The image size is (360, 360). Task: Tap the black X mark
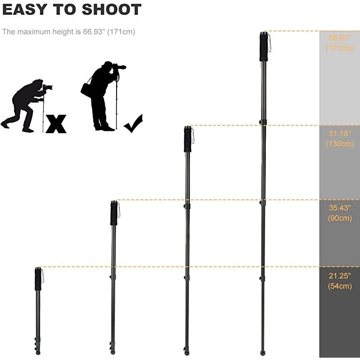pyautogui.click(x=56, y=124)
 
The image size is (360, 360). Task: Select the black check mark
pyautogui.click(x=133, y=124)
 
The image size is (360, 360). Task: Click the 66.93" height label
pyautogui.click(x=340, y=38)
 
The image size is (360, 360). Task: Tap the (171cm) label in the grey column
pyautogui.click(x=340, y=48)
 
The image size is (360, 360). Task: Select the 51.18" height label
pyautogui.click(x=340, y=134)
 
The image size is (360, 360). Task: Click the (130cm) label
pyautogui.click(x=340, y=144)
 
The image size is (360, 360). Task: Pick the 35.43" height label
pyautogui.click(x=340, y=208)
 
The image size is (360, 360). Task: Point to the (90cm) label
pyautogui.click(x=340, y=218)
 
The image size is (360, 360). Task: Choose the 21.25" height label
pyautogui.click(x=340, y=275)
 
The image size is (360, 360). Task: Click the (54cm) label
pyautogui.click(x=340, y=286)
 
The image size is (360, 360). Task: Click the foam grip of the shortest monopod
pyautogui.click(x=38, y=279)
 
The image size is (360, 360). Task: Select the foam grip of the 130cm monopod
pyautogui.click(x=188, y=140)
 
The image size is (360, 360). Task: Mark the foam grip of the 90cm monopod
pyautogui.click(x=114, y=214)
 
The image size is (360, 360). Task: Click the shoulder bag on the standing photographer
pyautogui.click(x=86, y=90)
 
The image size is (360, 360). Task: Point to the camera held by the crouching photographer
pyautogui.click(x=48, y=87)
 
